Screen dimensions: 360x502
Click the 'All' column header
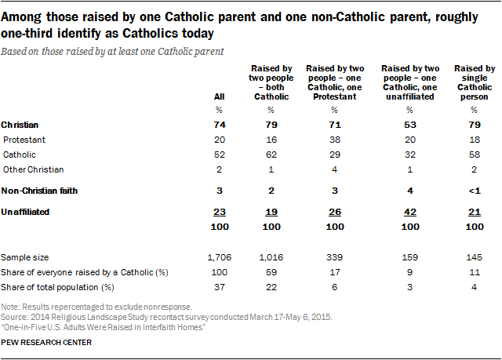[209, 97]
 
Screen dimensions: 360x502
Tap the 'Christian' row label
[21, 125]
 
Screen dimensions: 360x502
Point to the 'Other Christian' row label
[34, 169]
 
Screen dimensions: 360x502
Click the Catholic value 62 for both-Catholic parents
[269, 155]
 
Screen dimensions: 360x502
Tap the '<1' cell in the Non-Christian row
[473, 190]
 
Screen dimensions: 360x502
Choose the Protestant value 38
[333, 140]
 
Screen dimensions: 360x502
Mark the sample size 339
[333, 256]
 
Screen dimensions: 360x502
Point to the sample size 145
[473, 256]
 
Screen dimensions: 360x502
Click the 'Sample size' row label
[25, 256]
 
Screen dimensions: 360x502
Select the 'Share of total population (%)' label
[54, 286]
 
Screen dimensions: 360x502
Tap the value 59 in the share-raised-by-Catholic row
[269, 271]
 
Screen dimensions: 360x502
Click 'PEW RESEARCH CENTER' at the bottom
[46, 343]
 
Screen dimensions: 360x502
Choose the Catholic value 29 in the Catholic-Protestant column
[333, 155]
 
